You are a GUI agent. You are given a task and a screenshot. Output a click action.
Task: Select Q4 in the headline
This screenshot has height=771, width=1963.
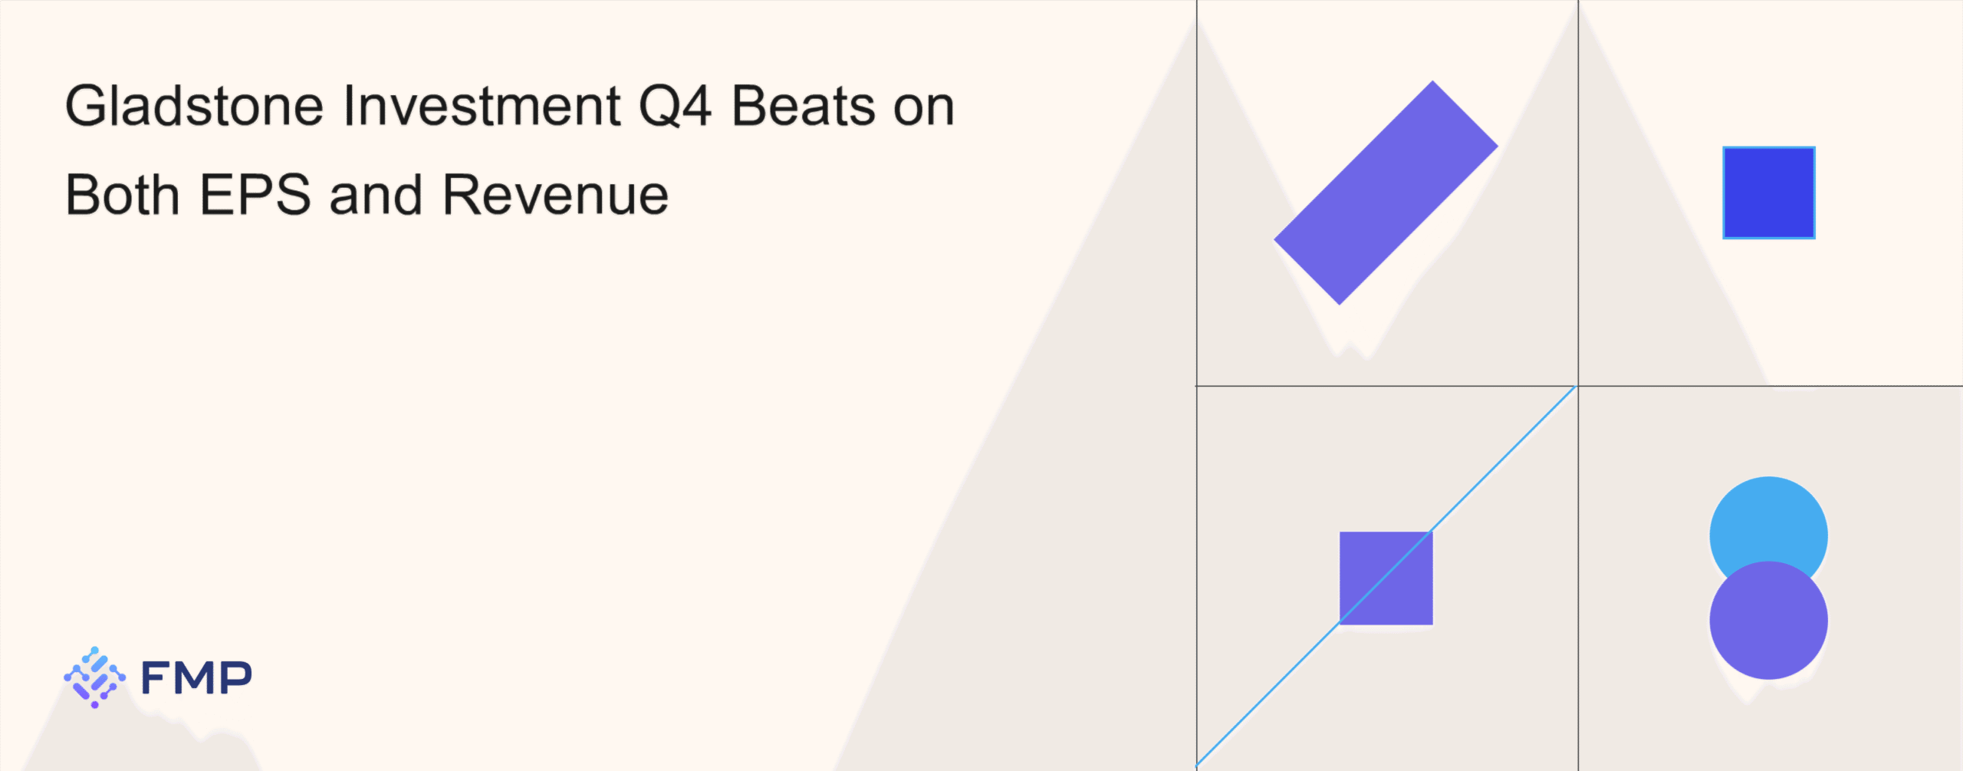click(676, 106)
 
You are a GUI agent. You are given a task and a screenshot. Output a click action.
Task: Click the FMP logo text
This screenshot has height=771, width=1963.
click(197, 677)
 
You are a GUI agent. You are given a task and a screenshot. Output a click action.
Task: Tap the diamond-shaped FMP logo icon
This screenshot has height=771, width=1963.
click(94, 677)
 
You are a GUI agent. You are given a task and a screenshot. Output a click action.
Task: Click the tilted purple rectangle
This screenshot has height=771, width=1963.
click(1386, 193)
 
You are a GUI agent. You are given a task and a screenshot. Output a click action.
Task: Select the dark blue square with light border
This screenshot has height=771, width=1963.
click(1769, 193)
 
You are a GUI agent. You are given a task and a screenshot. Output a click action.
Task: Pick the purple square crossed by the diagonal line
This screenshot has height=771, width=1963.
click(1386, 578)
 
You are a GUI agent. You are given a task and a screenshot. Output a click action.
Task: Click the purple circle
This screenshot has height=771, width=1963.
click(1769, 621)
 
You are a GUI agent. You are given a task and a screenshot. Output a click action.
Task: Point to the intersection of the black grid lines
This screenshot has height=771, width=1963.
click(1578, 386)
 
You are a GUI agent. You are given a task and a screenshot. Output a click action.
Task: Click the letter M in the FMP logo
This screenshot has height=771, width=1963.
click(197, 678)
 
